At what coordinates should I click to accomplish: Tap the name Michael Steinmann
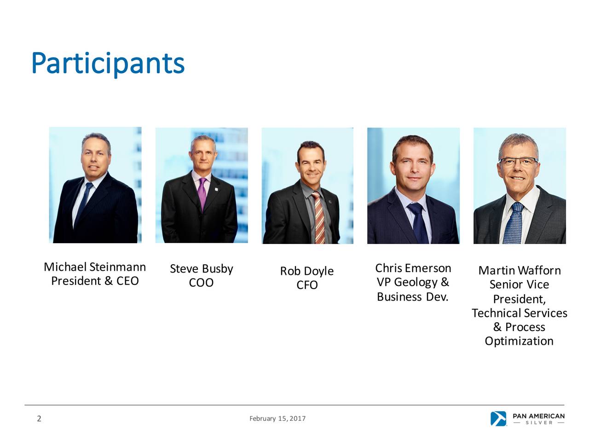tap(95, 267)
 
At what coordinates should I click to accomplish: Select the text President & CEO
tap(95, 281)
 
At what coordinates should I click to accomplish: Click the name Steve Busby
tap(202, 268)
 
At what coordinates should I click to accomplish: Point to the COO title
tap(201, 283)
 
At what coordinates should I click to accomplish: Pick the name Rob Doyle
tap(307, 271)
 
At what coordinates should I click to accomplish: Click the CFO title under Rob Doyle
tap(307, 285)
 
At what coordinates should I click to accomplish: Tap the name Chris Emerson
tap(413, 268)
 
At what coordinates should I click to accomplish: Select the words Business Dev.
tap(412, 297)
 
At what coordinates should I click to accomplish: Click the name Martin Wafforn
tap(520, 270)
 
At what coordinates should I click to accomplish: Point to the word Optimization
tap(519, 341)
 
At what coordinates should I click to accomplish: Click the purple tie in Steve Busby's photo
tap(202, 193)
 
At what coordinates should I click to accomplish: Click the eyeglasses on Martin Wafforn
tap(519, 161)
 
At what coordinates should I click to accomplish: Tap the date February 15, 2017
tap(277, 419)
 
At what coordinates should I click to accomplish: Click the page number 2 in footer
tap(39, 419)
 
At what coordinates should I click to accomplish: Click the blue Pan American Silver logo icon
tap(498, 419)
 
